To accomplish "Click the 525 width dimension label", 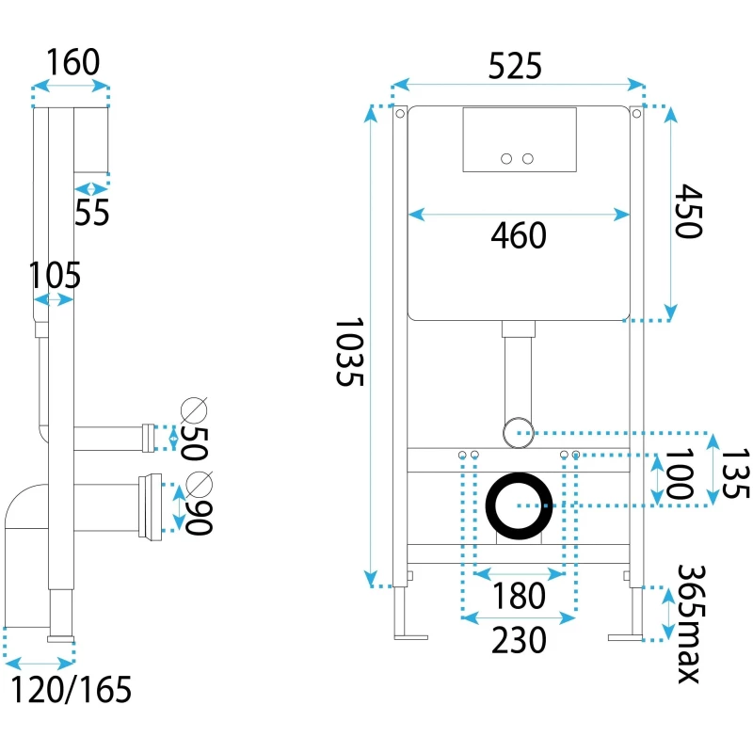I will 516,67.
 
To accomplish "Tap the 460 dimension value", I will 519,236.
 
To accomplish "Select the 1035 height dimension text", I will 349,353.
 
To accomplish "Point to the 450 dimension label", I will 689,211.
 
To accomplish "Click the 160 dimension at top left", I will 72,63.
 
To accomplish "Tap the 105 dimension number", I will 55,277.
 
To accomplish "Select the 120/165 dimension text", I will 71,690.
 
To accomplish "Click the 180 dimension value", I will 520,596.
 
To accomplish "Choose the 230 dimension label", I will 519,640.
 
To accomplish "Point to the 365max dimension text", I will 692,624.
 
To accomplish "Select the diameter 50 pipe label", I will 192,428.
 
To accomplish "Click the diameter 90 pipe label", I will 194,503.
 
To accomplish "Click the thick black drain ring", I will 519,505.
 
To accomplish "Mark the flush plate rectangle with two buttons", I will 519,139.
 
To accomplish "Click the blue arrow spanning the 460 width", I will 519,215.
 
